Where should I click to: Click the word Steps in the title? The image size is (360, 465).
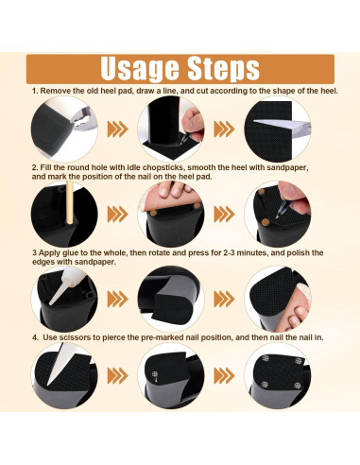223,69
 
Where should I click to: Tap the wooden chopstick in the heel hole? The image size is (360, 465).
70,203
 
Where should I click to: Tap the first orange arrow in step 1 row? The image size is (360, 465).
118,129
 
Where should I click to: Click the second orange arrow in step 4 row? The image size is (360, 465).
224,376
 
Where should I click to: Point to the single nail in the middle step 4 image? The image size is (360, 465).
155,376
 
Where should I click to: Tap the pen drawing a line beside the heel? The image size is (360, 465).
185,137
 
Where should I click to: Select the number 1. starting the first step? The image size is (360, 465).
35,91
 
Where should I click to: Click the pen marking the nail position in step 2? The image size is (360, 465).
282,209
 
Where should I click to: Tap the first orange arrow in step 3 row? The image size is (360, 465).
118,299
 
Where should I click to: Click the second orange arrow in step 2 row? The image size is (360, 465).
224,215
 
